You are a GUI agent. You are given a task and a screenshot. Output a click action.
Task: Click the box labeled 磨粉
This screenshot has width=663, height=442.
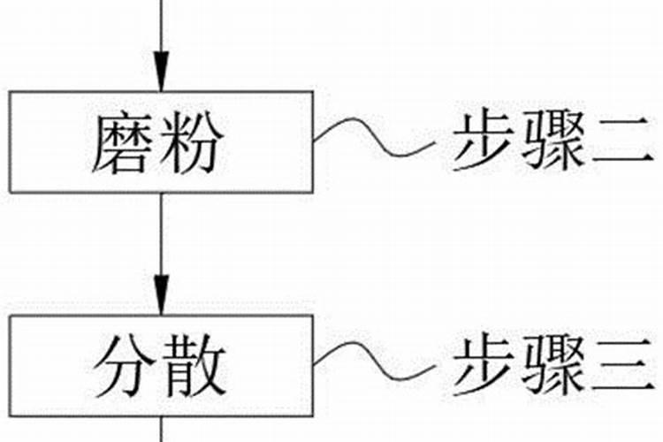[x=161, y=141]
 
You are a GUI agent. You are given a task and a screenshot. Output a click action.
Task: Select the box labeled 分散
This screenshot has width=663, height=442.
[x=161, y=365]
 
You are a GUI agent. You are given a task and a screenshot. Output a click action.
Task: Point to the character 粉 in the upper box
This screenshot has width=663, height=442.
[x=192, y=143]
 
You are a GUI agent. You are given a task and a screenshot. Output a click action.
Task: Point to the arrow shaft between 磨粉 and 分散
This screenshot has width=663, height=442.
[x=161, y=239]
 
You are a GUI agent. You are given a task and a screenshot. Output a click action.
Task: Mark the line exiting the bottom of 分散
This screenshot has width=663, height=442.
[x=161, y=429]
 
